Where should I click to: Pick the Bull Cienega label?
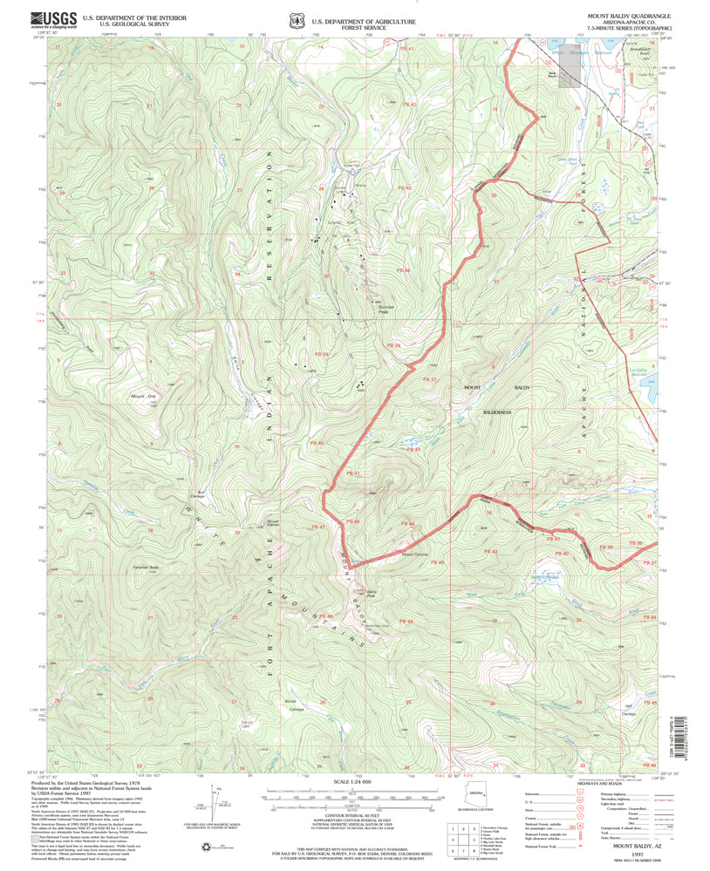(x=207, y=493)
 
